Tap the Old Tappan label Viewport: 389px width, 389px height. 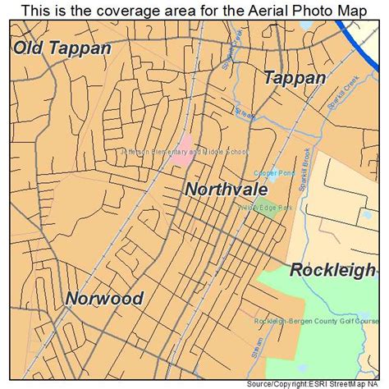tap(62, 48)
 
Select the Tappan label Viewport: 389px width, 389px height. tap(295, 78)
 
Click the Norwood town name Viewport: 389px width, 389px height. tap(104, 298)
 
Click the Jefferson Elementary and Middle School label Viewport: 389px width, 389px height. tap(183, 153)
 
